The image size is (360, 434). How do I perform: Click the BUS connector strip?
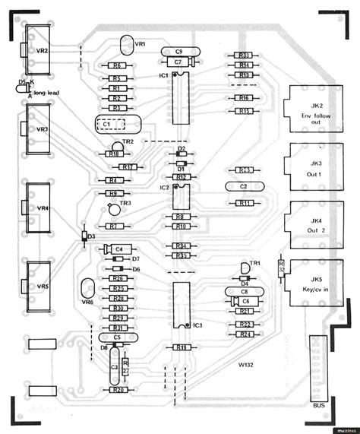[x=320, y=372]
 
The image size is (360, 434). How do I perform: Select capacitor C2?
[x=243, y=185]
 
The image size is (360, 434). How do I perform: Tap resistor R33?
[x=244, y=55]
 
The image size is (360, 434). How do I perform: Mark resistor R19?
[x=181, y=347]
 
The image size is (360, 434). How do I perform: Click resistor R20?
[x=118, y=390]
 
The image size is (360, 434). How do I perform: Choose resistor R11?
[x=245, y=203]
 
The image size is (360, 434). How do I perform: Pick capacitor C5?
[x=116, y=337]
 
